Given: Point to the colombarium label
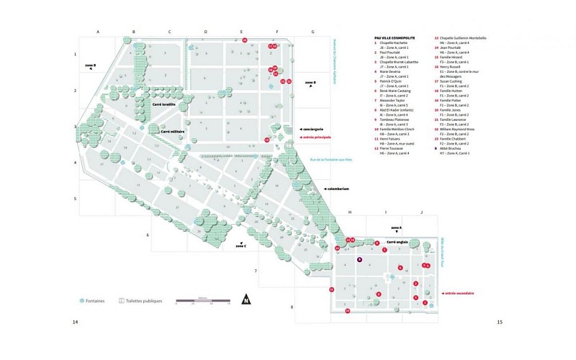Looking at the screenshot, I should pos(337,189).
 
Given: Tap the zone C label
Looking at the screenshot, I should pos(240,246).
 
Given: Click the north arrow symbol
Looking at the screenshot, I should pos(246,301).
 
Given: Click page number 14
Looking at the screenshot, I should pos(75,322).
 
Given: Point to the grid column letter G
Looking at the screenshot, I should pos(312,32).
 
